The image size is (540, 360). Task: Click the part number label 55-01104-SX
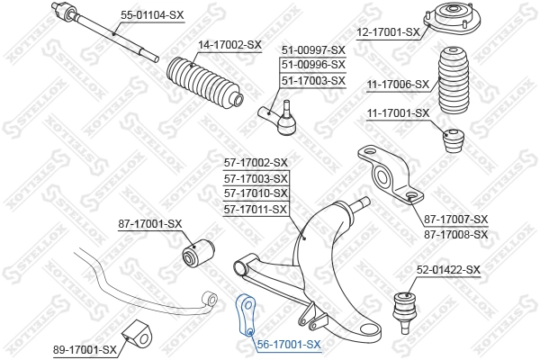tap(152, 15)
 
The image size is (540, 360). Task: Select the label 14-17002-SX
tap(229, 44)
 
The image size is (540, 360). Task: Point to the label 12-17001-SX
tap(389, 31)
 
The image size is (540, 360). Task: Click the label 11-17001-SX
tap(398, 113)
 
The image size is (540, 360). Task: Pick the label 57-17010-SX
tap(256, 193)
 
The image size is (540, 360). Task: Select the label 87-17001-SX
tap(150, 223)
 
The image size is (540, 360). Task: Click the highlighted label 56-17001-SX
tap(288, 344)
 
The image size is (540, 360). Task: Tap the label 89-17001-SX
tap(85, 348)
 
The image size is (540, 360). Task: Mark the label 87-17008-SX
tap(455, 234)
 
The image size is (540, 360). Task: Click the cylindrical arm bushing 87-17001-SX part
tap(195, 249)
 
